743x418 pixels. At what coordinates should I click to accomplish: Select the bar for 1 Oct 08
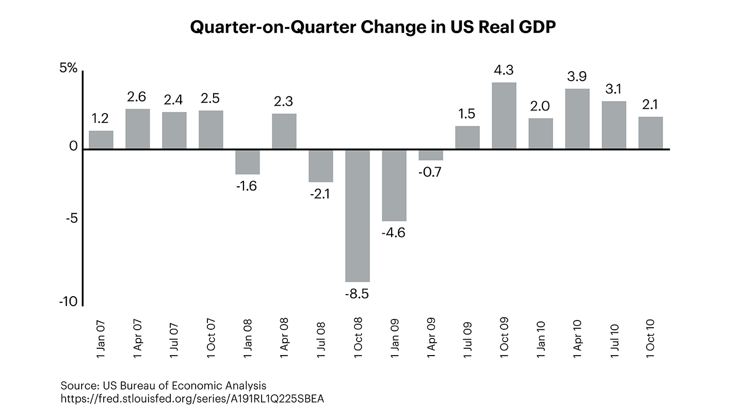(x=358, y=215)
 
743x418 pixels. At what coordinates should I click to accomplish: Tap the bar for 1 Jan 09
(x=394, y=185)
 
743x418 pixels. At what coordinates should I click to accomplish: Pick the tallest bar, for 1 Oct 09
(x=504, y=116)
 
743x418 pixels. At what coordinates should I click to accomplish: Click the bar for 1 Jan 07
(x=101, y=140)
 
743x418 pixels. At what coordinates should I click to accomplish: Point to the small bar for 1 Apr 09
(x=431, y=155)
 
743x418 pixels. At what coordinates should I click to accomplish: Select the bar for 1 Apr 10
(x=577, y=119)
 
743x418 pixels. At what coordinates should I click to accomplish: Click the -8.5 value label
(x=358, y=295)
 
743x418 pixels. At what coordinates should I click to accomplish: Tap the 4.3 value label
(x=504, y=70)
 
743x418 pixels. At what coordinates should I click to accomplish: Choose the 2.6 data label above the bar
(x=137, y=97)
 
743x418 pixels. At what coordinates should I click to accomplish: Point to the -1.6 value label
(x=247, y=186)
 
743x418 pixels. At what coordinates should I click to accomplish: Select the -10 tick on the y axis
(x=68, y=302)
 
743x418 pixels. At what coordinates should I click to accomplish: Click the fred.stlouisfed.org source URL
(x=193, y=399)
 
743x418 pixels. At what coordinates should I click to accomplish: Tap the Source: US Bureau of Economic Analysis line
(x=164, y=385)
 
